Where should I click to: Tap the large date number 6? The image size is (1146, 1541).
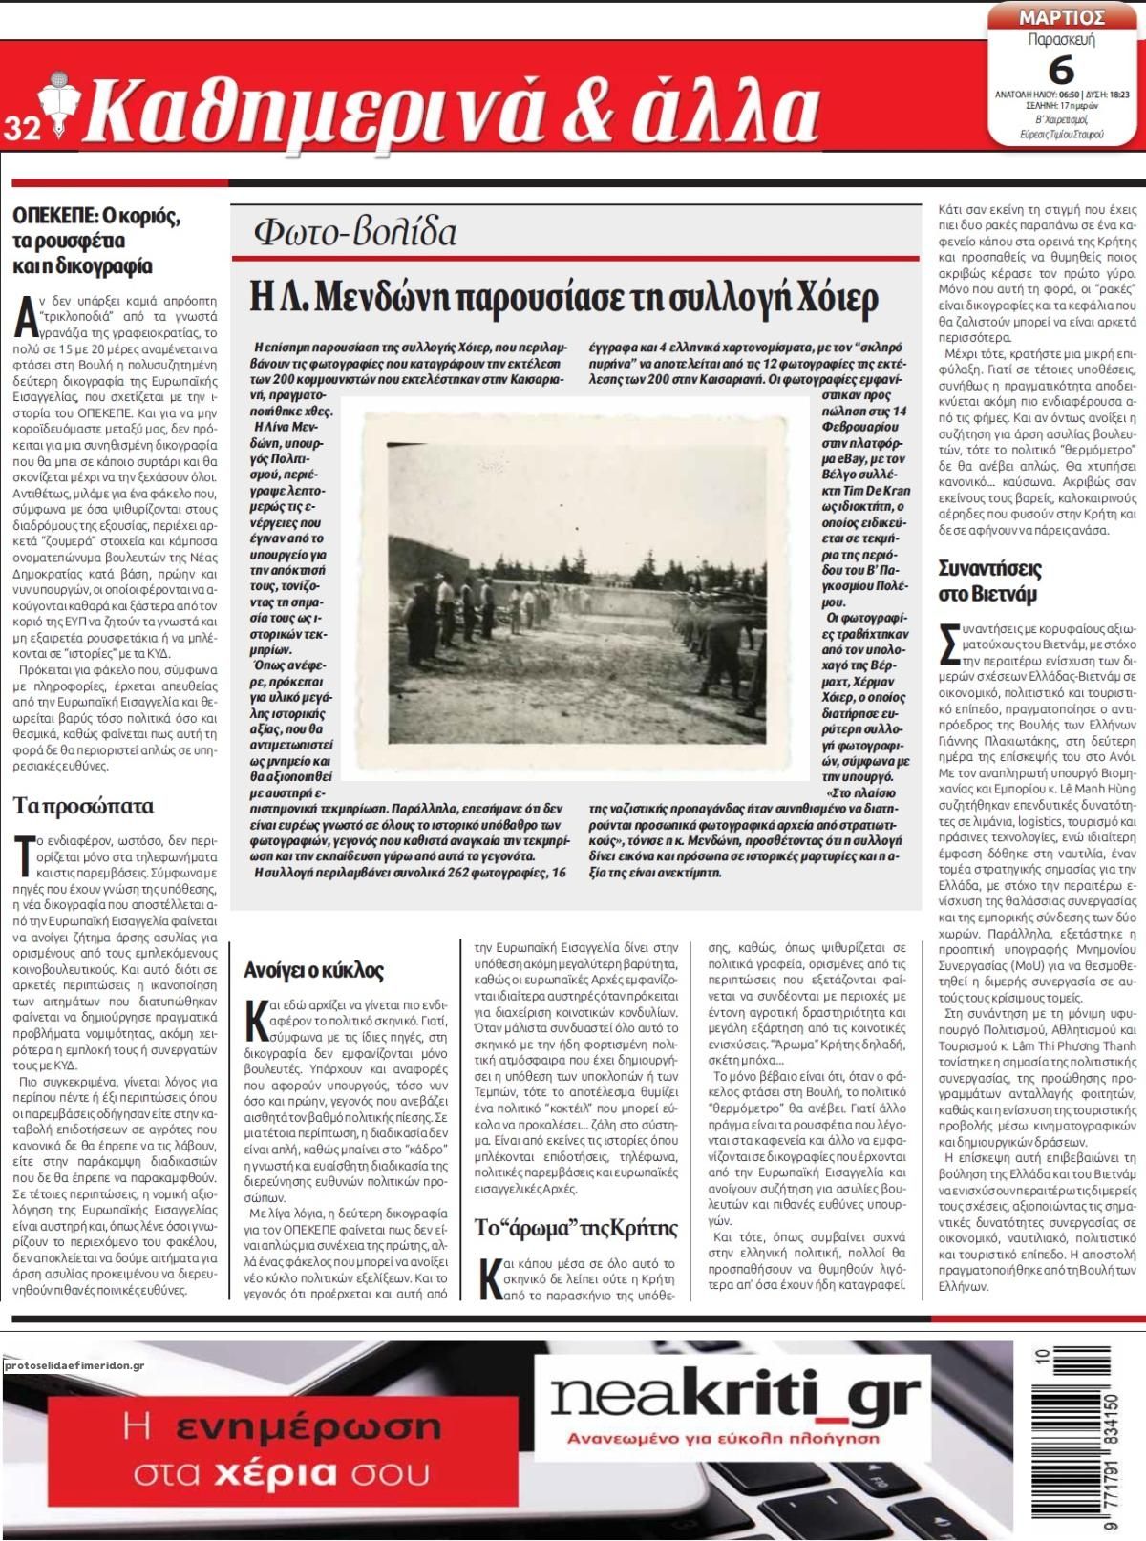click(1061, 70)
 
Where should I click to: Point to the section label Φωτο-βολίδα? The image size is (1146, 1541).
click(355, 232)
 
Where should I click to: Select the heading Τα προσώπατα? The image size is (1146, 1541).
click(83, 806)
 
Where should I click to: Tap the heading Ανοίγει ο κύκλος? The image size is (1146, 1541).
click(313, 970)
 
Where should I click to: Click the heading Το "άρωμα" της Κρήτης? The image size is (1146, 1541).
click(576, 1227)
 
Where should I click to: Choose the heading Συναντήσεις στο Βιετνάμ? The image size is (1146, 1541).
click(989, 581)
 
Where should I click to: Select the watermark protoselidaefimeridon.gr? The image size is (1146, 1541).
click(74, 1365)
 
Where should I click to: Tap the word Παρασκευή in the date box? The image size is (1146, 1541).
click(1061, 41)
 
